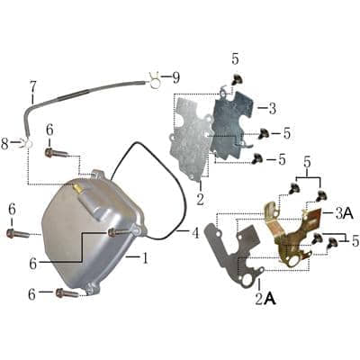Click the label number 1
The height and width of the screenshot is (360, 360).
pos(144,257)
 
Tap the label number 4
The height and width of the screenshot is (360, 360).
pos(194,233)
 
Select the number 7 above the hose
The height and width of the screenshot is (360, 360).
pos(33,87)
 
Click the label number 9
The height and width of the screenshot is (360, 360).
pos(176,76)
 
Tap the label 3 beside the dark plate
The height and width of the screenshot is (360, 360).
pos(272,108)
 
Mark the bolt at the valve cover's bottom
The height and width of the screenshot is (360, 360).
pos(66,292)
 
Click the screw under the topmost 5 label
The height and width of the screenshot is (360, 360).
pos(237,80)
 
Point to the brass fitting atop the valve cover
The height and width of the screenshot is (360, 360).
pos(78,189)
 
